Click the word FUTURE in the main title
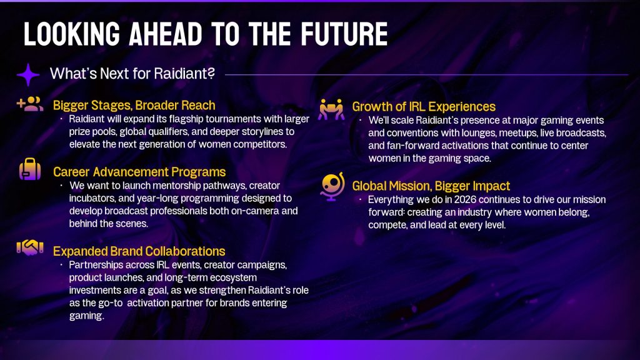(344, 34)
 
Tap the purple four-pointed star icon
(28, 75)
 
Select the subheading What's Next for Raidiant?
(132, 74)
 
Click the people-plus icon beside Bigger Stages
(30, 104)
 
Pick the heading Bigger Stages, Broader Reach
(134, 105)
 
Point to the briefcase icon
(30, 169)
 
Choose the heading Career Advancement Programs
(139, 172)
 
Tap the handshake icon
(30, 247)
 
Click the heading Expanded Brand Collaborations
(139, 251)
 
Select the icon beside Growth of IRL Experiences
(331, 109)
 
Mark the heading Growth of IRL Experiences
(424, 106)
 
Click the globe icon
(332, 186)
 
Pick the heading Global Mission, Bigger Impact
(431, 186)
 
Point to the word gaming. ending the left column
(86, 316)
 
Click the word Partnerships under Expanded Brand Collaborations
(96, 265)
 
